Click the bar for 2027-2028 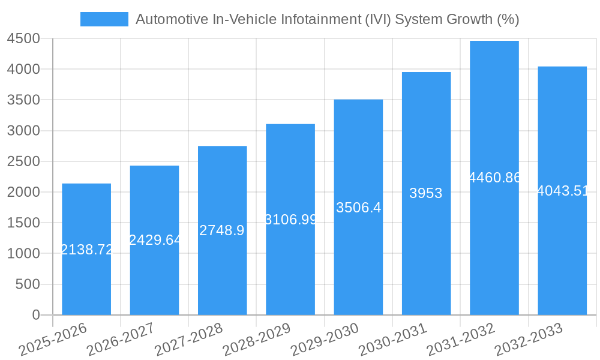pyautogui.click(x=222, y=270)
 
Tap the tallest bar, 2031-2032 pyautogui.click(x=494, y=240)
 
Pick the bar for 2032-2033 pyautogui.click(x=562, y=252)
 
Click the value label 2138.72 pyautogui.click(x=87, y=250)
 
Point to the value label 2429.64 pyautogui.click(x=155, y=240)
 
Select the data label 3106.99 pyautogui.click(x=291, y=220)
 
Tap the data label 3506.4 pyautogui.click(x=358, y=208)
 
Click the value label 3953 pyautogui.click(x=426, y=193)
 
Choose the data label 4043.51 pyautogui.click(x=562, y=191)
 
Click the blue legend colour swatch pyautogui.click(x=104, y=19)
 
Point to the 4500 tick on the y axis pyautogui.click(x=23, y=38)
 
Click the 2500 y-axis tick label pyautogui.click(x=23, y=161)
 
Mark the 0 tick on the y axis pyautogui.click(x=35, y=315)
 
